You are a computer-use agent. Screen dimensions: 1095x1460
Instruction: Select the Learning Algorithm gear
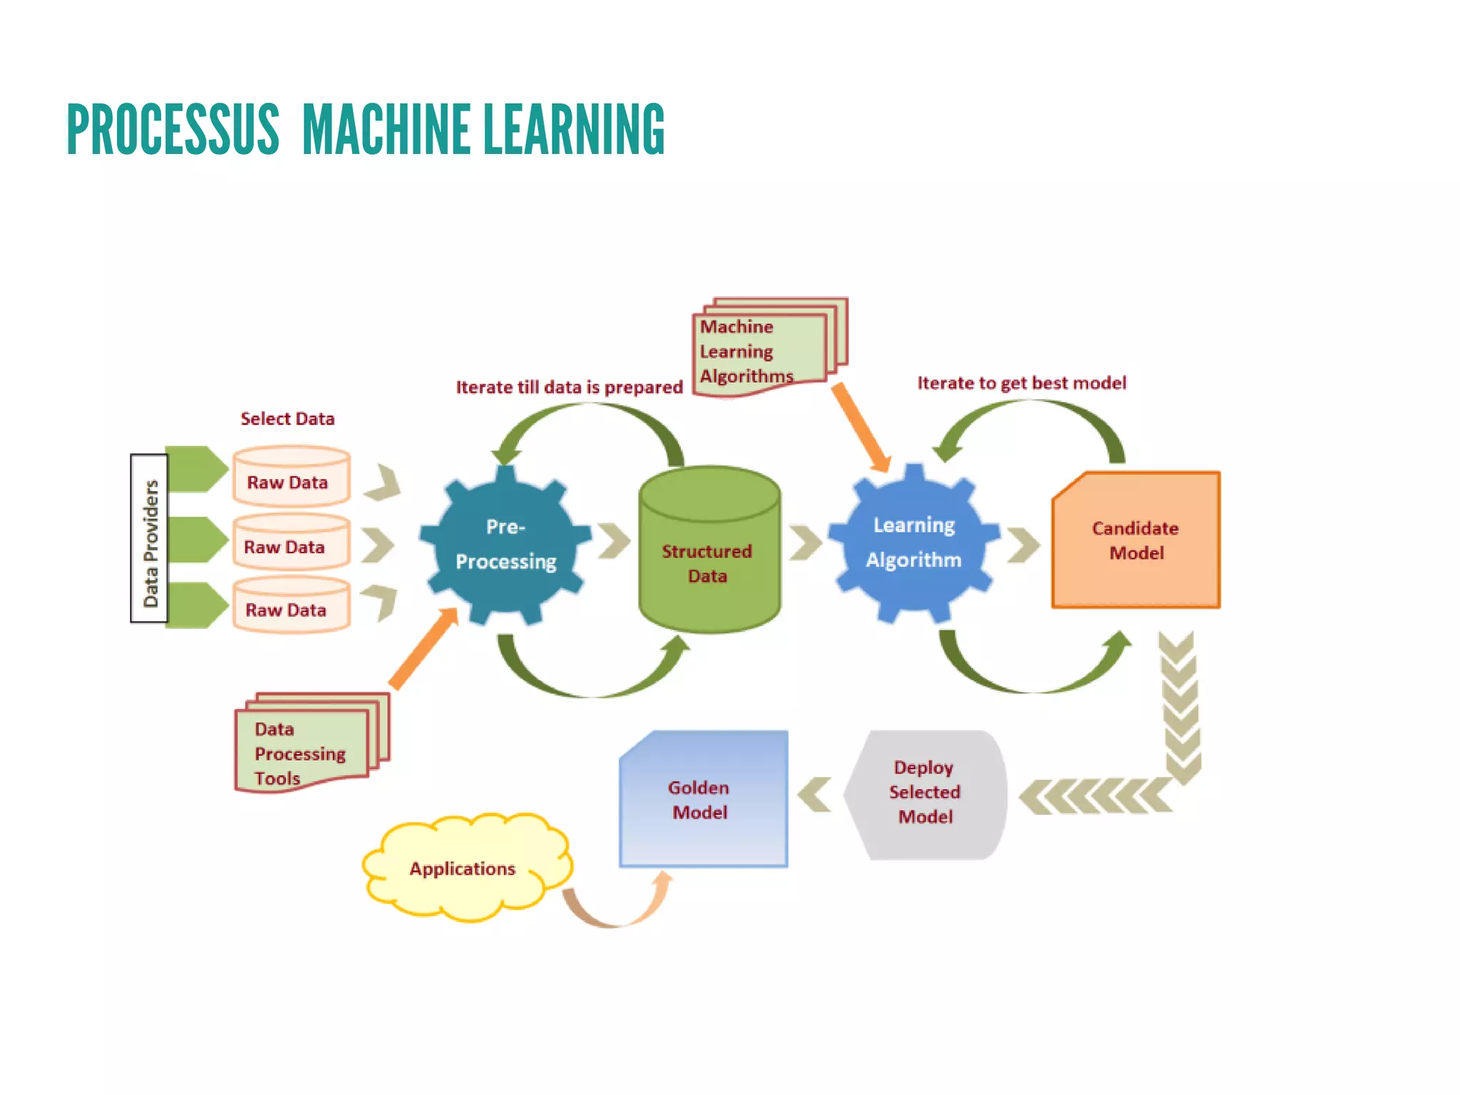click(x=914, y=543)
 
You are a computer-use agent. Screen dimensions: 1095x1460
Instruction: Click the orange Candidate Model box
click(x=1136, y=540)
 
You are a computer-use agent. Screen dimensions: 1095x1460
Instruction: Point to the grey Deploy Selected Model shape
click(x=925, y=793)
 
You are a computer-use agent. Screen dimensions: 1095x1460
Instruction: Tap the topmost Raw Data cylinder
click(x=291, y=477)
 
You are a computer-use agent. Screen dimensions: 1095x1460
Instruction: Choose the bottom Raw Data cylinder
click(x=291, y=606)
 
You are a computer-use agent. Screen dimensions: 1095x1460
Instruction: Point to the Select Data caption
click(x=287, y=418)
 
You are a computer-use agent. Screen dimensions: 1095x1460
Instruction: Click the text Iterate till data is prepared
click(x=569, y=387)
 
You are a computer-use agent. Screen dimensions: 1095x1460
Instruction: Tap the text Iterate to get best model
click(x=1022, y=383)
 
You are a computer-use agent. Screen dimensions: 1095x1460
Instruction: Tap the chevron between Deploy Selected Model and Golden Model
click(x=815, y=795)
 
